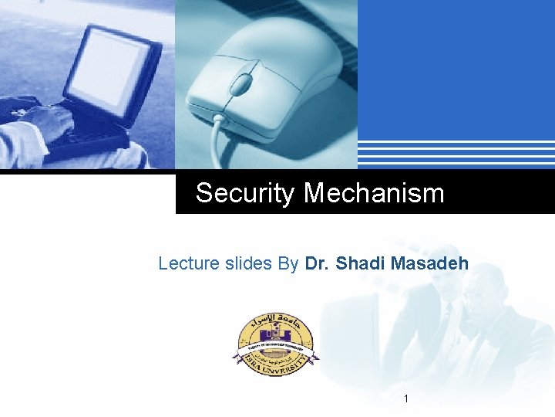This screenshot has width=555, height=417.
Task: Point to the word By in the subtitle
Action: click(x=288, y=263)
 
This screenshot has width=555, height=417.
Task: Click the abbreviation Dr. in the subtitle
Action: click(x=317, y=263)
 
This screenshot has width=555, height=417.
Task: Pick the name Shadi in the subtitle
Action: click(x=361, y=263)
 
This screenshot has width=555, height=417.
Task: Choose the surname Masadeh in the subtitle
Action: click(x=429, y=263)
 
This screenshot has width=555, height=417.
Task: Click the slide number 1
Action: click(x=406, y=398)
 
